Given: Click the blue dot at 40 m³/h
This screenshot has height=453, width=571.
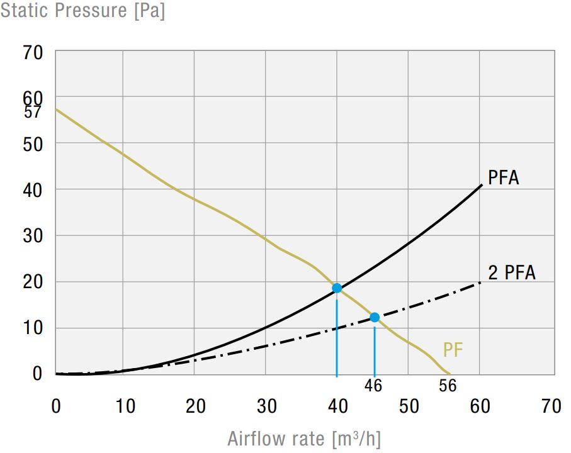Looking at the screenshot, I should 337,288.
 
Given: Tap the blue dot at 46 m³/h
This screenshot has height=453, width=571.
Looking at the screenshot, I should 375,317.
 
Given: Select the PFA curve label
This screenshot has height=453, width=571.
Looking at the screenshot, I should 503,177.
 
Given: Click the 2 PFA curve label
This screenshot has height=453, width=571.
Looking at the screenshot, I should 511,272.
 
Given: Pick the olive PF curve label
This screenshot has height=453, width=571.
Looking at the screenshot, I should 453,350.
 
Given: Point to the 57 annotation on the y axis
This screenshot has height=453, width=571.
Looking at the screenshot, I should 33,113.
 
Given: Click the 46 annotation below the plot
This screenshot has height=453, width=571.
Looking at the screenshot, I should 373,385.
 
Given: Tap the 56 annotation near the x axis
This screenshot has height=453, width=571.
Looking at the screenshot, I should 448,385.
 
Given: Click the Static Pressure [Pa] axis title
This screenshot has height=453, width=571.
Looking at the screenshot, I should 82,11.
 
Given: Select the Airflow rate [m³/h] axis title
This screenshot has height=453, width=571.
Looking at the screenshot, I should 304,438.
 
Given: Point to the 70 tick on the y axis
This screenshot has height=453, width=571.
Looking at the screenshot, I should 33,53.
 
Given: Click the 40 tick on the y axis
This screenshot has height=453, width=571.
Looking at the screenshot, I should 33,189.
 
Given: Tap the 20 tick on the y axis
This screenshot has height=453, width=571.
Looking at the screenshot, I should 33,282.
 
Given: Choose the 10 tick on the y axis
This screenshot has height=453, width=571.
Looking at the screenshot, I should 33,328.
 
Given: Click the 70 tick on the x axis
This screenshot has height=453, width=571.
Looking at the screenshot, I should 551,406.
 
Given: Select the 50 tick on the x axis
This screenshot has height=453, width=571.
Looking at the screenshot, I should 409,406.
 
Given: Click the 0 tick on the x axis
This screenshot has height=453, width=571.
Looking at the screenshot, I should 56,406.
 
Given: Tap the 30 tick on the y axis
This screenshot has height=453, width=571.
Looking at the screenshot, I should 33,236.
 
